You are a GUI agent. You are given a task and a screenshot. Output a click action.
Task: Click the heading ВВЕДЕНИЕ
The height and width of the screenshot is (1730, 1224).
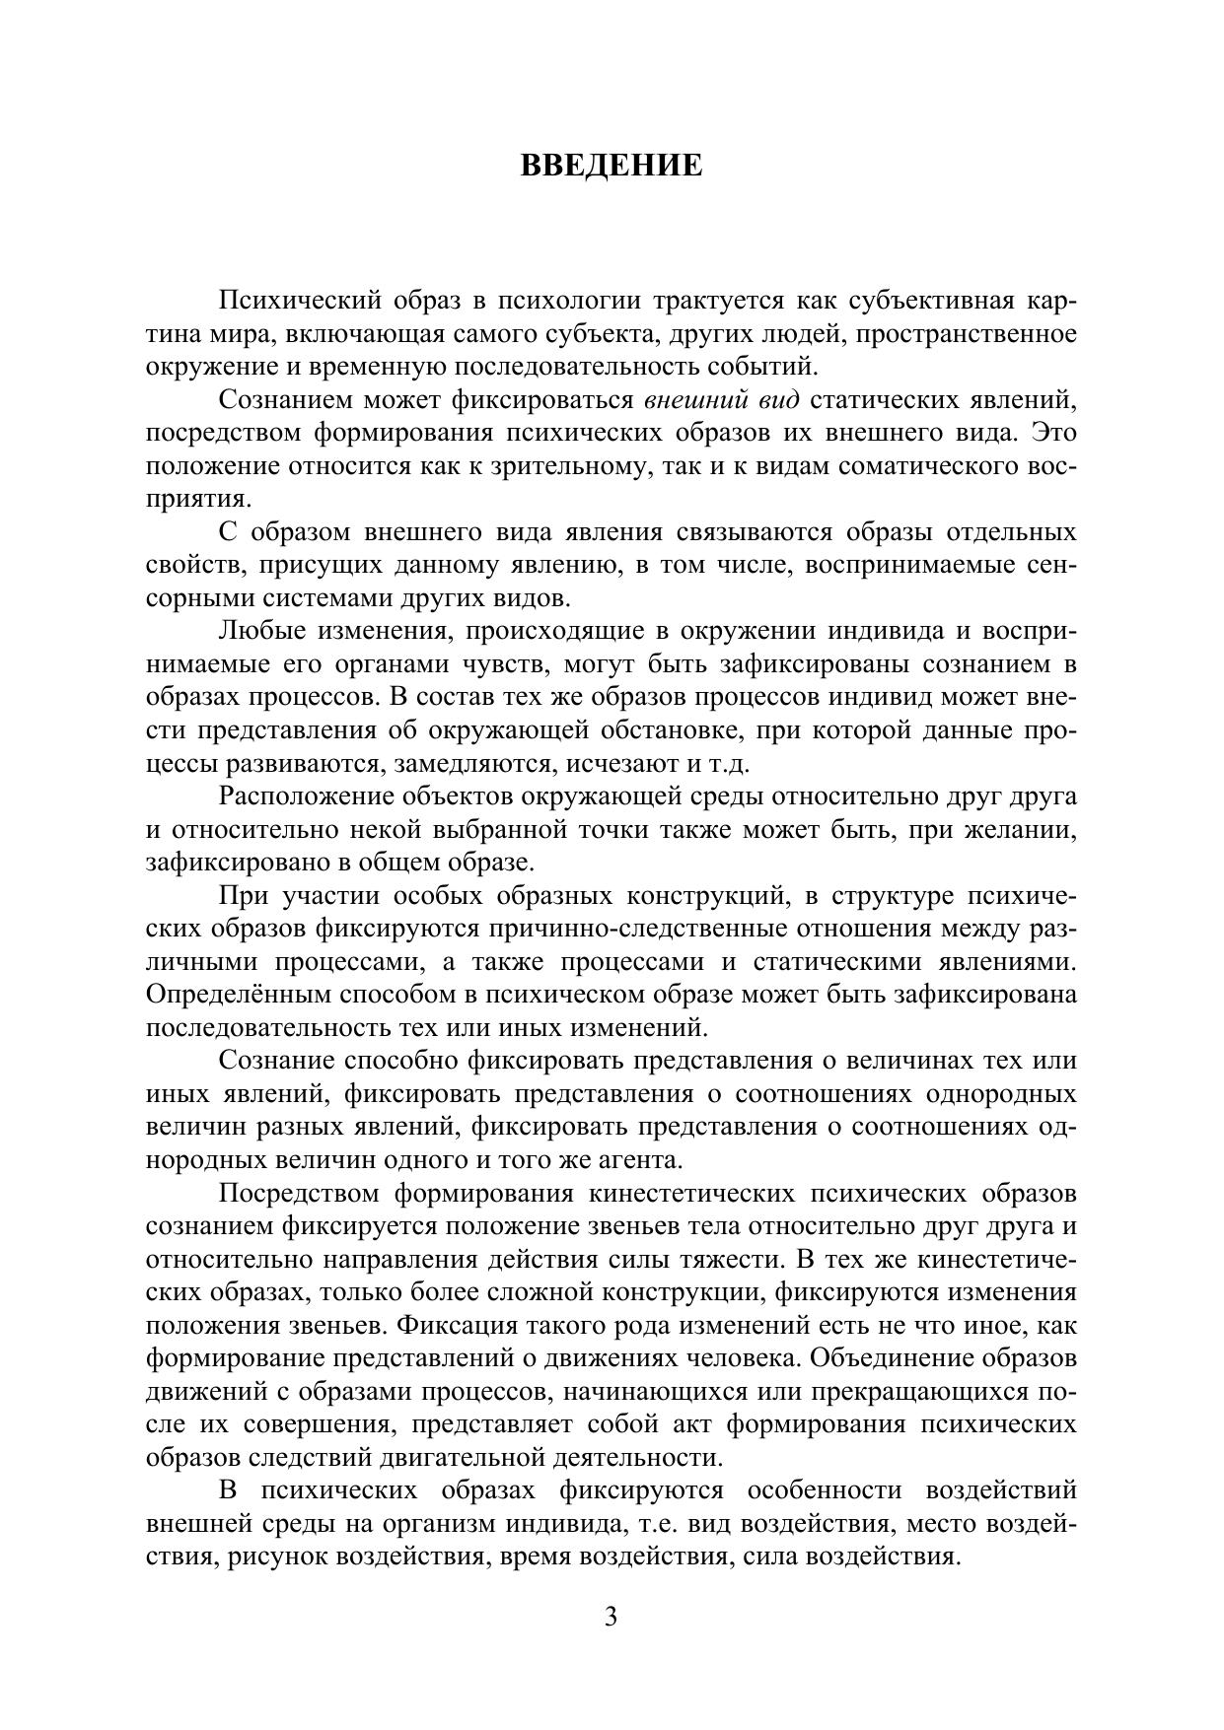tap(612, 165)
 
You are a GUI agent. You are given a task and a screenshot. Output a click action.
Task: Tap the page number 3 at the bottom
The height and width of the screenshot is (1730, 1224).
tap(612, 1617)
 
